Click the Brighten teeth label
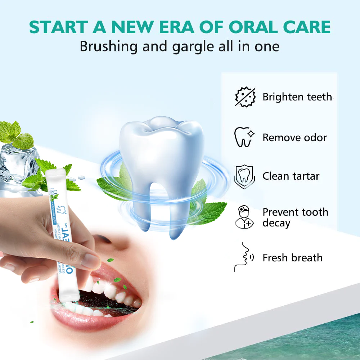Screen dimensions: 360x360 297,97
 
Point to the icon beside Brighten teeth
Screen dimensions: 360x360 245,97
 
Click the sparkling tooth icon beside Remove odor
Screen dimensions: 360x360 244,137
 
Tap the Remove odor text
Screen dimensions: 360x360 294,138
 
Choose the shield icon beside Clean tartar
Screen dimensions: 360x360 244,177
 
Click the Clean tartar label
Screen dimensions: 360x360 291,176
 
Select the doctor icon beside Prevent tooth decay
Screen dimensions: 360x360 244,217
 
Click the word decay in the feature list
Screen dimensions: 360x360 276,223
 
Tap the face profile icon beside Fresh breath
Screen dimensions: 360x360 243,257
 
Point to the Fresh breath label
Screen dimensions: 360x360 292,258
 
